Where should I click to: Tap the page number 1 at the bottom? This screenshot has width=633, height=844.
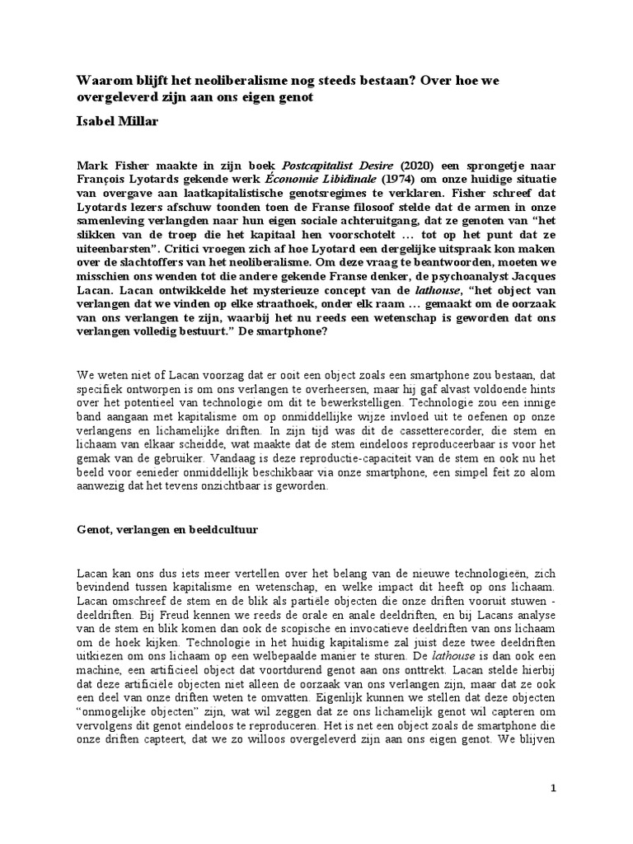tap(555, 789)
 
